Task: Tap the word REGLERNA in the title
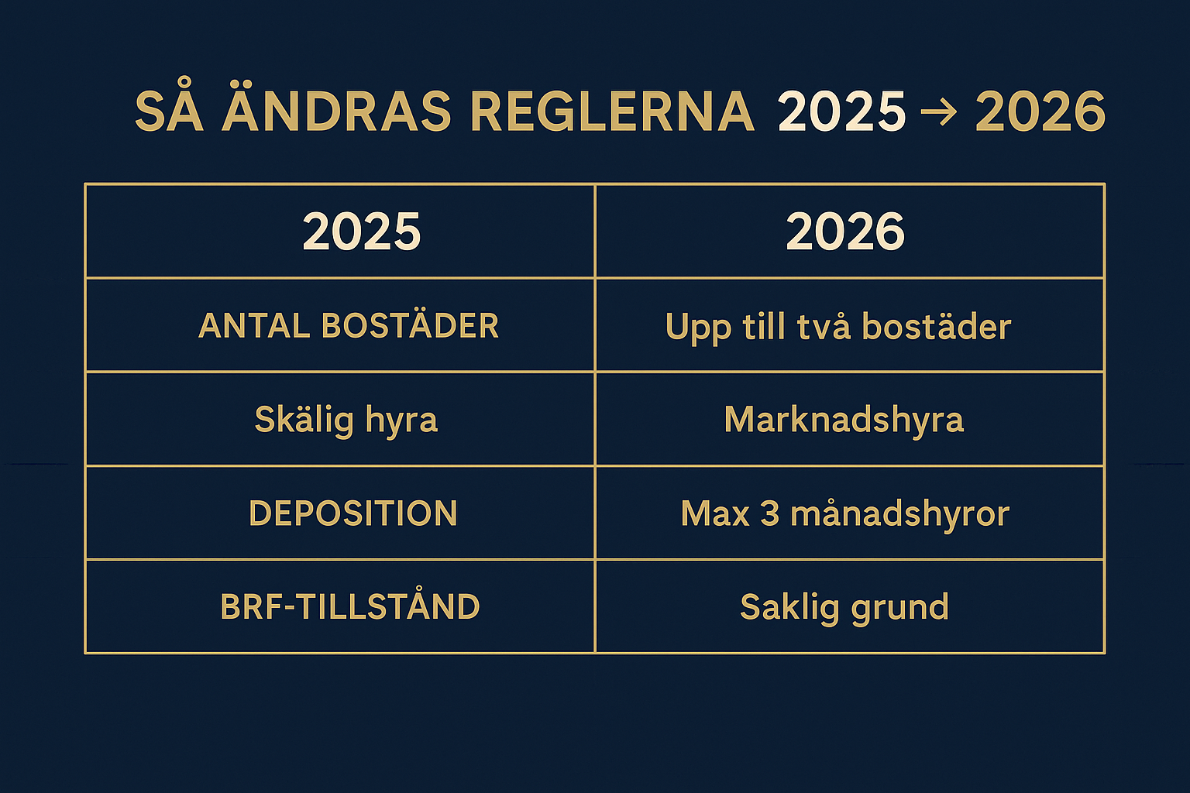tap(613, 111)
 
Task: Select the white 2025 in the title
tap(841, 111)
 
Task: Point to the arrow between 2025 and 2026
tap(939, 112)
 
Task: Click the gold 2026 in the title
tap(1040, 111)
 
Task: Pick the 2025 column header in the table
tap(362, 231)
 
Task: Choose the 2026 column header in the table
tap(845, 231)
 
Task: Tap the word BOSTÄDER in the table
tap(410, 324)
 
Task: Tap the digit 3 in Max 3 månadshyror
tap(769, 513)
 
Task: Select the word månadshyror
tap(900, 514)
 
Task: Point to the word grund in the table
tap(900, 609)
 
